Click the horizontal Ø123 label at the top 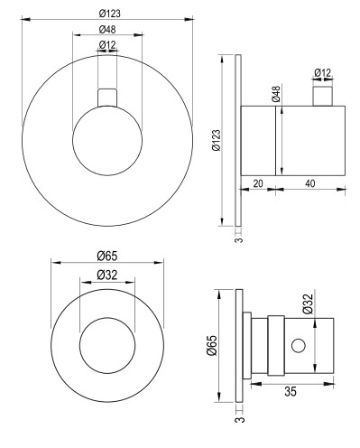pos(109,14)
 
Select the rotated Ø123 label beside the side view pos(217,140)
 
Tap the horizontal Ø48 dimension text pos(107,29)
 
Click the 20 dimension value pos(258,183)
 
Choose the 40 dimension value pos(309,183)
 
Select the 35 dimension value pos(291,391)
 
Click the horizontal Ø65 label pos(107,257)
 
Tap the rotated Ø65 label pos(212,345)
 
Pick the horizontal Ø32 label pos(107,275)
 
